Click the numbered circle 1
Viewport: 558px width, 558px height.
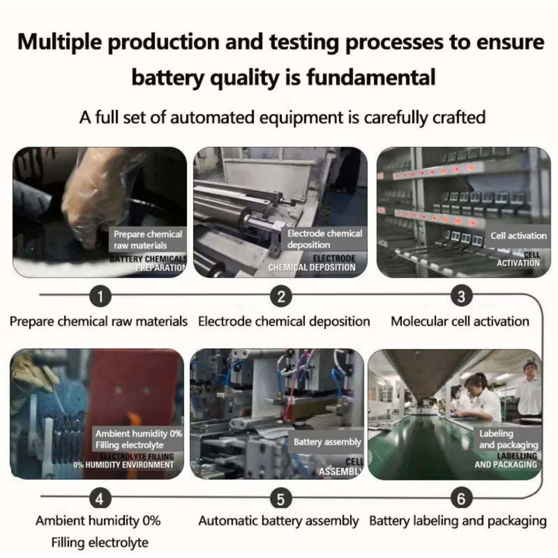pyautogui.click(x=100, y=296)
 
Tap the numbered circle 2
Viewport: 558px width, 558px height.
pyautogui.click(x=281, y=296)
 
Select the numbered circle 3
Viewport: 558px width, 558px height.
pyautogui.click(x=461, y=296)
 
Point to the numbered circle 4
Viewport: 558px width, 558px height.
pyautogui.click(x=100, y=498)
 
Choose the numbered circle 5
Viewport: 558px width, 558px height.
pyautogui.click(x=281, y=498)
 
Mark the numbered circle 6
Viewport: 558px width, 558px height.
pyautogui.click(x=461, y=498)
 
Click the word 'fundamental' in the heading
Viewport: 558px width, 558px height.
pyautogui.click(x=371, y=77)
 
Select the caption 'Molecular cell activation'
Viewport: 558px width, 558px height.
pyautogui.click(x=460, y=322)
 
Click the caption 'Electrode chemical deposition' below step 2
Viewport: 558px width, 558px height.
pyautogui.click(x=284, y=322)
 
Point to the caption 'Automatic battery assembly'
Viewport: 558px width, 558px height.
pyautogui.click(x=278, y=521)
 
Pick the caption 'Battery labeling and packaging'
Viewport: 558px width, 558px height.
pyautogui.click(x=458, y=521)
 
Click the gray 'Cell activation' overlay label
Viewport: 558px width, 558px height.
pyautogui.click(x=518, y=235)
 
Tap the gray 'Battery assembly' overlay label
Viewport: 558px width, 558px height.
pyautogui.click(x=327, y=442)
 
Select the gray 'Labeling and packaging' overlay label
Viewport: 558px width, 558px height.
pyautogui.click(x=508, y=439)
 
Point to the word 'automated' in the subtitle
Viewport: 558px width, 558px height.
pyautogui.click(x=213, y=118)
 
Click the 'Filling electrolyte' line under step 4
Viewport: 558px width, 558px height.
pyautogui.click(x=100, y=543)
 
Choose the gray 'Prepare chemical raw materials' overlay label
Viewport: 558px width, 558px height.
pyautogui.click(x=147, y=240)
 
